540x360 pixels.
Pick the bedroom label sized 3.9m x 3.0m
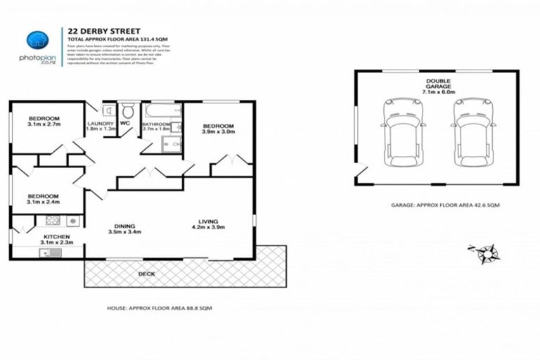click(218, 129)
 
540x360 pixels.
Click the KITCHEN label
click(56, 237)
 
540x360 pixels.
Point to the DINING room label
click(124, 228)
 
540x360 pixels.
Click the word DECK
click(146, 274)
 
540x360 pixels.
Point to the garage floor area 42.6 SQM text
click(435, 206)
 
